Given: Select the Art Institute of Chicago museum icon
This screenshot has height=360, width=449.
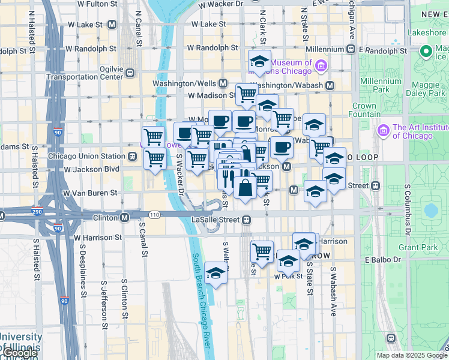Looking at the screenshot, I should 383,130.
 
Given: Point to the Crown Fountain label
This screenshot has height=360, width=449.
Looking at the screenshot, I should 364,110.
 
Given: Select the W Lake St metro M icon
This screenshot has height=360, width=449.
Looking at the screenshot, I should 112,25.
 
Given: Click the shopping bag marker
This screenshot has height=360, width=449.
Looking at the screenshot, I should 246,188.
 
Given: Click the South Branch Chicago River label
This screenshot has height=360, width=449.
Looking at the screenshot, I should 202,300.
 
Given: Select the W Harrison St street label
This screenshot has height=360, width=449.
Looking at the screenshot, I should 98,238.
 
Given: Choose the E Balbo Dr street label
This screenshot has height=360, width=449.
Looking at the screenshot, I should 383,260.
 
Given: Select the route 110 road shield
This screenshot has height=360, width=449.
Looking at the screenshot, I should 155,214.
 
